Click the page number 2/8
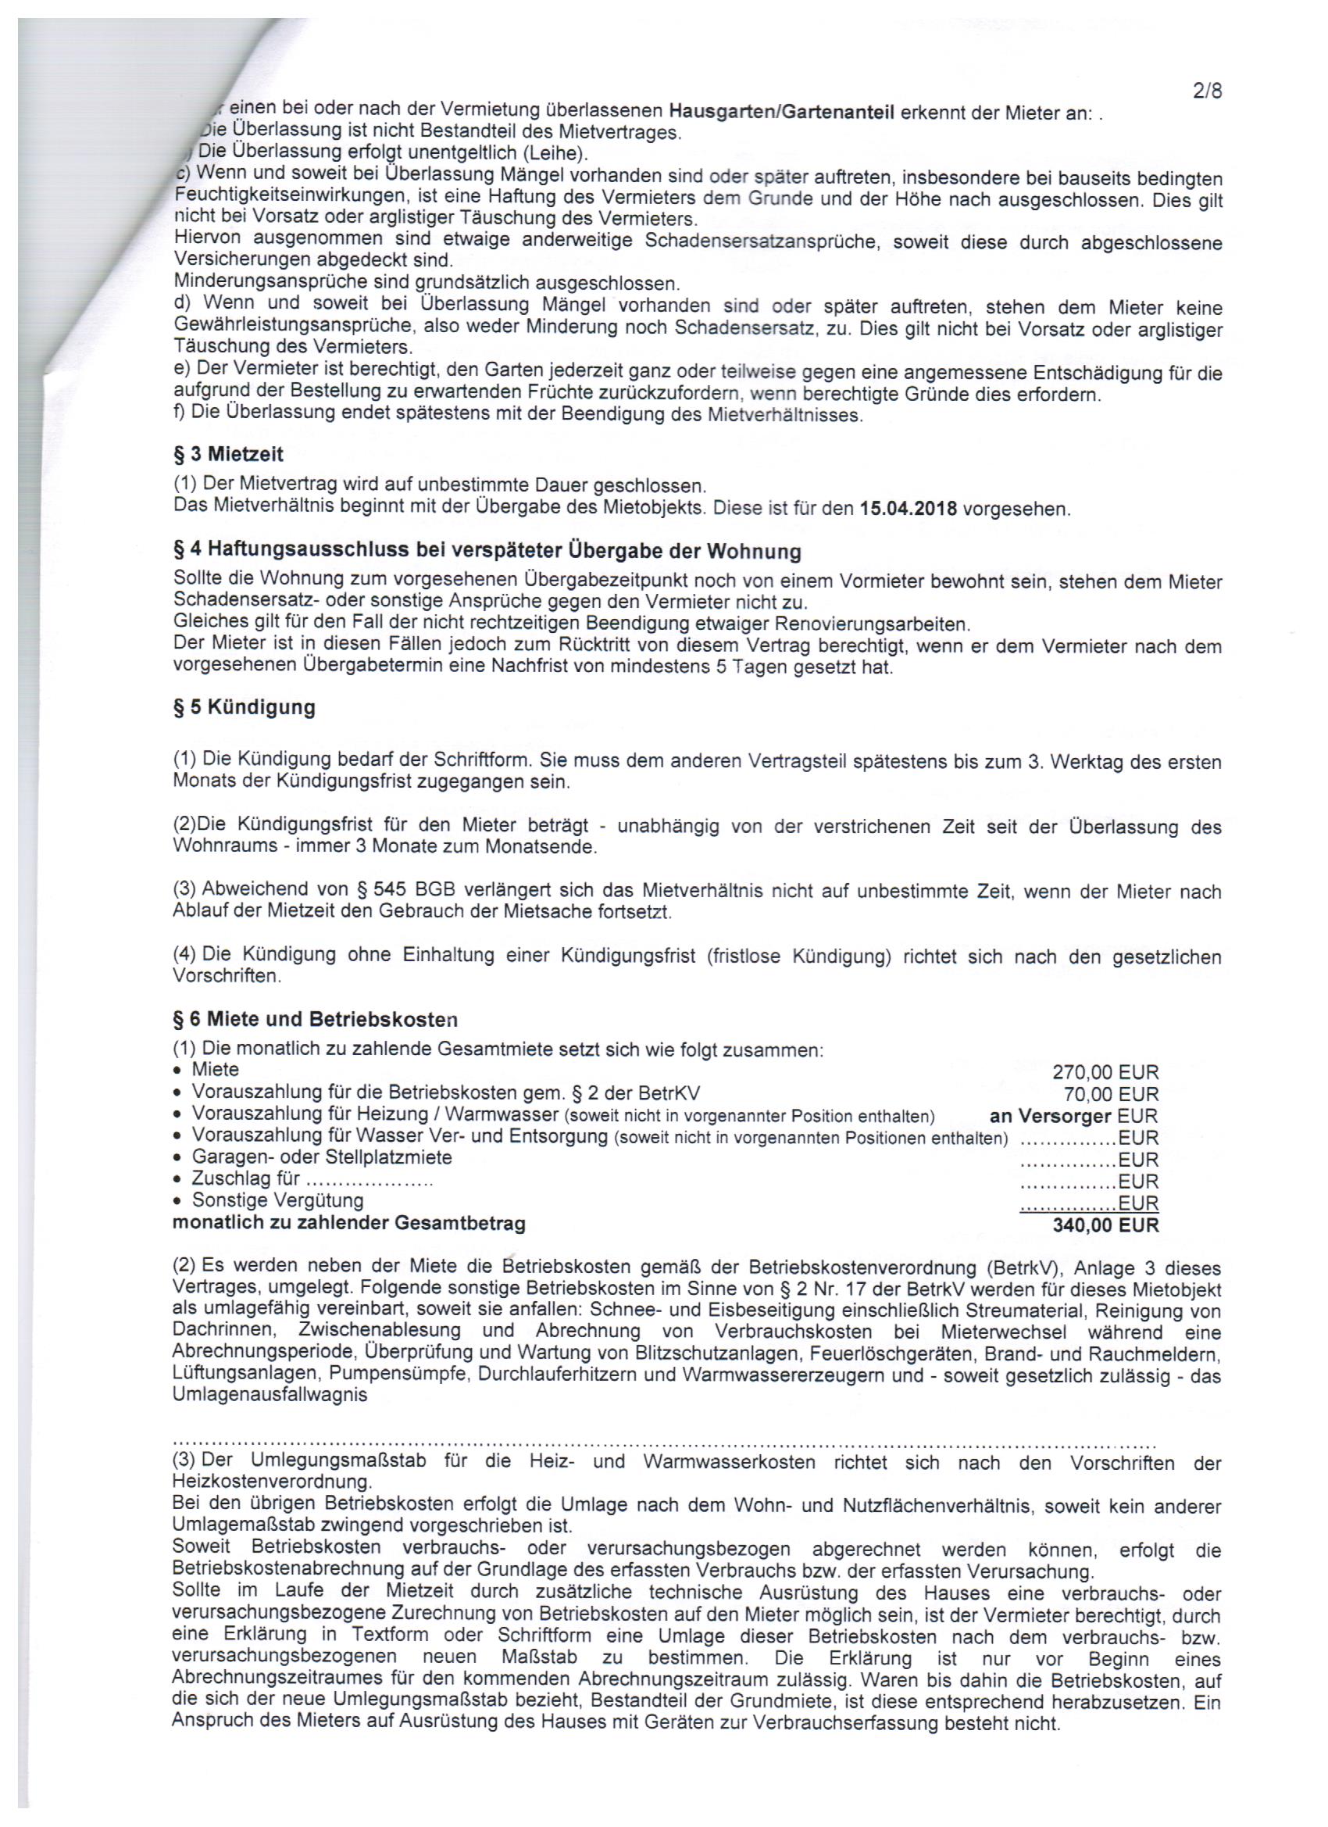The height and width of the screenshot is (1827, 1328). pyautogui.click(x=1206, y=91)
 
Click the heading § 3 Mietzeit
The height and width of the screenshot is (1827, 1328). pyautogui.click(x=229, y=454)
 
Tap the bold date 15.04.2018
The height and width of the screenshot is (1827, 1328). pyautogui.click(x=908, y=509)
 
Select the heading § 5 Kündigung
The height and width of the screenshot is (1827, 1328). pyautogui.click(x=244, y=707)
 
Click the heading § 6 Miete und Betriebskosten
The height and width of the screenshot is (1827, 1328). pyautogui.click(x=315, y=1019)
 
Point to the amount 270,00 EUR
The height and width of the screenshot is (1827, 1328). pyautogui.click(x=1105, y=1072)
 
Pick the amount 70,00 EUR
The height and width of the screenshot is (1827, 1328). pyautogui.click(x=1112, y=1094)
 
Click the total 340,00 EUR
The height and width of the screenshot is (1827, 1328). pyautogui.click(x=1105, y=1225)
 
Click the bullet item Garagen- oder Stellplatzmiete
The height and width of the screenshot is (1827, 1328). pyautogui.click(x=321, y=1157)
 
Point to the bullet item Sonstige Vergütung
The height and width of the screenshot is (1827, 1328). pyautogui.click(x=277, y=1200)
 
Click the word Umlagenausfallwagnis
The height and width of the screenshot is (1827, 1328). pyautogui.click(x=270, y=1394)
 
